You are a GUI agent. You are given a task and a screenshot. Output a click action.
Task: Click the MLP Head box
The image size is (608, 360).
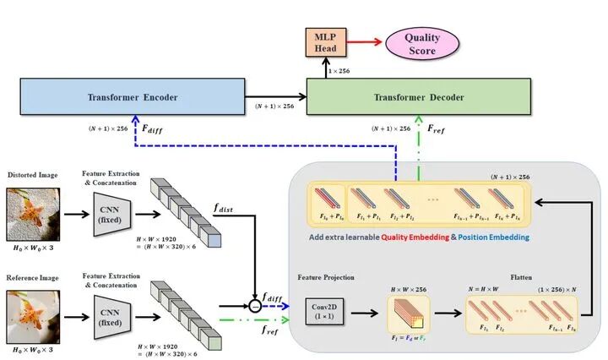[x=324, y=41]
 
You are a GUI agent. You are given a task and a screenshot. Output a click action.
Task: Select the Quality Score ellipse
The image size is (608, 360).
[x=421, y=43]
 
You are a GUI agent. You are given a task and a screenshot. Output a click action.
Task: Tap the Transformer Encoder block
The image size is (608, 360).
[x=133, y=97]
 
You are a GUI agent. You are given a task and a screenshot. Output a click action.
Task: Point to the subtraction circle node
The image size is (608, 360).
[x=254, y=302]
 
